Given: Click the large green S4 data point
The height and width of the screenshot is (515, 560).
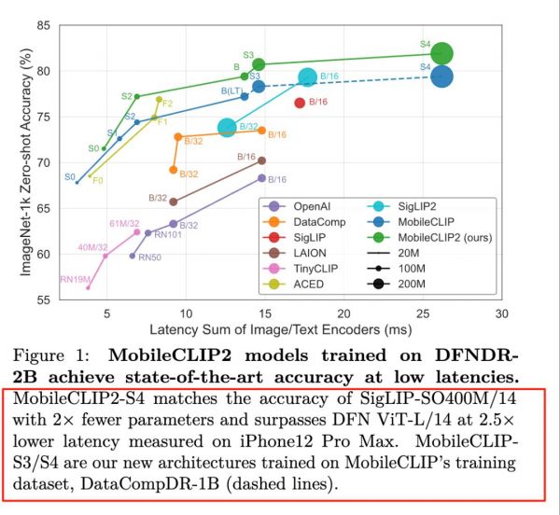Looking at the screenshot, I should (x=442, y=54).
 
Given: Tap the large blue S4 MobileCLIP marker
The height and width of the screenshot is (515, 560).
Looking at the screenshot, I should (x=442, y=77).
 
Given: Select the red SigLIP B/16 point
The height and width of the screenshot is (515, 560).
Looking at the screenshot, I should (x=300, y=103).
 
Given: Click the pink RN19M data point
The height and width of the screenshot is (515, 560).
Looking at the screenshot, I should (x=88, y=287).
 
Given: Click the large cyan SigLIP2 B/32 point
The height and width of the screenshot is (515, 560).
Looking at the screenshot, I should (x=227, y=128).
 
